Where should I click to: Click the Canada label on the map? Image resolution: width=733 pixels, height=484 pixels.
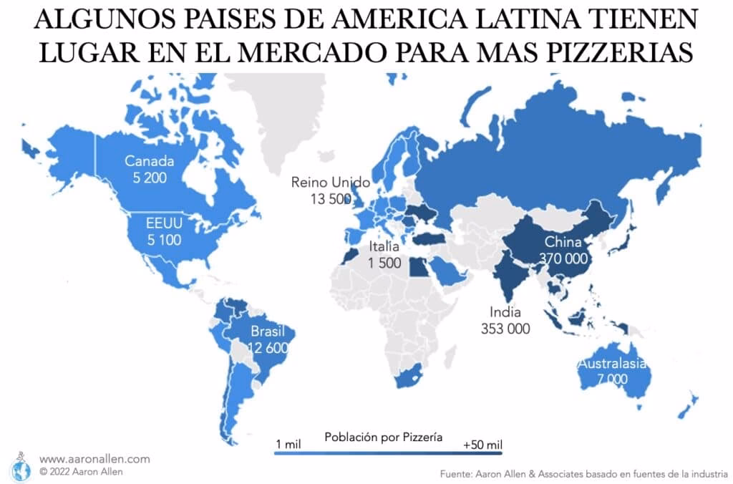[150, 161]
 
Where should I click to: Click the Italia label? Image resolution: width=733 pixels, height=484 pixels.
[385, 248]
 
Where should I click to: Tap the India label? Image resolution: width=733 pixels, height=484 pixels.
[505, 313]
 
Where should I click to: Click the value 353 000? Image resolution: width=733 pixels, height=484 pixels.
[505, 329]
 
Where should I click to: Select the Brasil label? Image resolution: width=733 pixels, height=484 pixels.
[268, 332]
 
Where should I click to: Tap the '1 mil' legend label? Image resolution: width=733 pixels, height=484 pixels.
[288, 445]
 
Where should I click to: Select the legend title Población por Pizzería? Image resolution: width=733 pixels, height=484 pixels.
[383, 436]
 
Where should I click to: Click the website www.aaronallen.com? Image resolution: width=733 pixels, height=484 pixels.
[94, 459]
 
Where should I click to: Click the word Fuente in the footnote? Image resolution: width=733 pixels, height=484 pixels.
[457, 473]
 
